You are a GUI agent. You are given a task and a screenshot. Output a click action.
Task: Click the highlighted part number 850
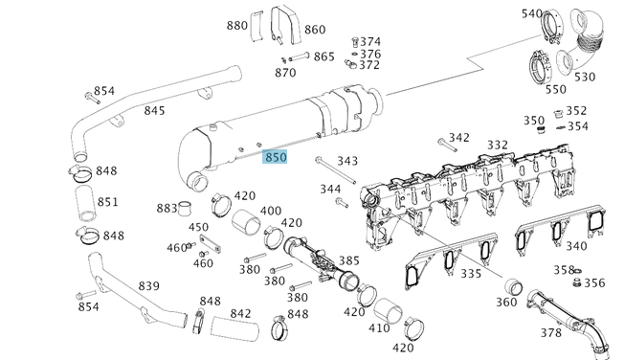click(275, 157)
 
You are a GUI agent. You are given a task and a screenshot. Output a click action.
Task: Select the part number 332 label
click(498, 145)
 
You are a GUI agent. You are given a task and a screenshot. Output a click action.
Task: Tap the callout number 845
click(154, 111)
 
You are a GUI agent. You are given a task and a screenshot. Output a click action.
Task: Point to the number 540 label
click(532, 13)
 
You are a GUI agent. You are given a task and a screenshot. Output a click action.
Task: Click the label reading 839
click(149, 286)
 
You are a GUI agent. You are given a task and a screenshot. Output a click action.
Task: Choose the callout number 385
click(349, 260)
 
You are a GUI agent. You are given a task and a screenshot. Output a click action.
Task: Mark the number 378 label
click(550, 332)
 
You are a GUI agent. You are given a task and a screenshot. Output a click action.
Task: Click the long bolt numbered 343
click(336, 170)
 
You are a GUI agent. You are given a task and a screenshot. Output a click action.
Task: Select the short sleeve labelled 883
click(185, 209)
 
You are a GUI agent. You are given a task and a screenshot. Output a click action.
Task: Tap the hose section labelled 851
click(85, 203)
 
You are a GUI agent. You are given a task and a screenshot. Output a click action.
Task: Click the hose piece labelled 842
click(234, 328)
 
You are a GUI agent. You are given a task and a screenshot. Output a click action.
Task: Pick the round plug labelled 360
click(514, 287)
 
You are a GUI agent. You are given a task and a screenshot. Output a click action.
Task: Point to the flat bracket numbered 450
click(210, 243)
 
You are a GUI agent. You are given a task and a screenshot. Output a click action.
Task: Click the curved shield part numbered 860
click(286, 25)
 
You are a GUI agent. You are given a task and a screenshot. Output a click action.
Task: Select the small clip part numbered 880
click(256, 26)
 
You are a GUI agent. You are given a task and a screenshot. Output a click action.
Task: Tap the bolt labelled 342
click(447, 145)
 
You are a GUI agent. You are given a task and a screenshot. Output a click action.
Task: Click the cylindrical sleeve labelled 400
click(246, 222)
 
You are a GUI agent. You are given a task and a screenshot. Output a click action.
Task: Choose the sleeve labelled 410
click(389, 311)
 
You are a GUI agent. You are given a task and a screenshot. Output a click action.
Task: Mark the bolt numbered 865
click(299, 56)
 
